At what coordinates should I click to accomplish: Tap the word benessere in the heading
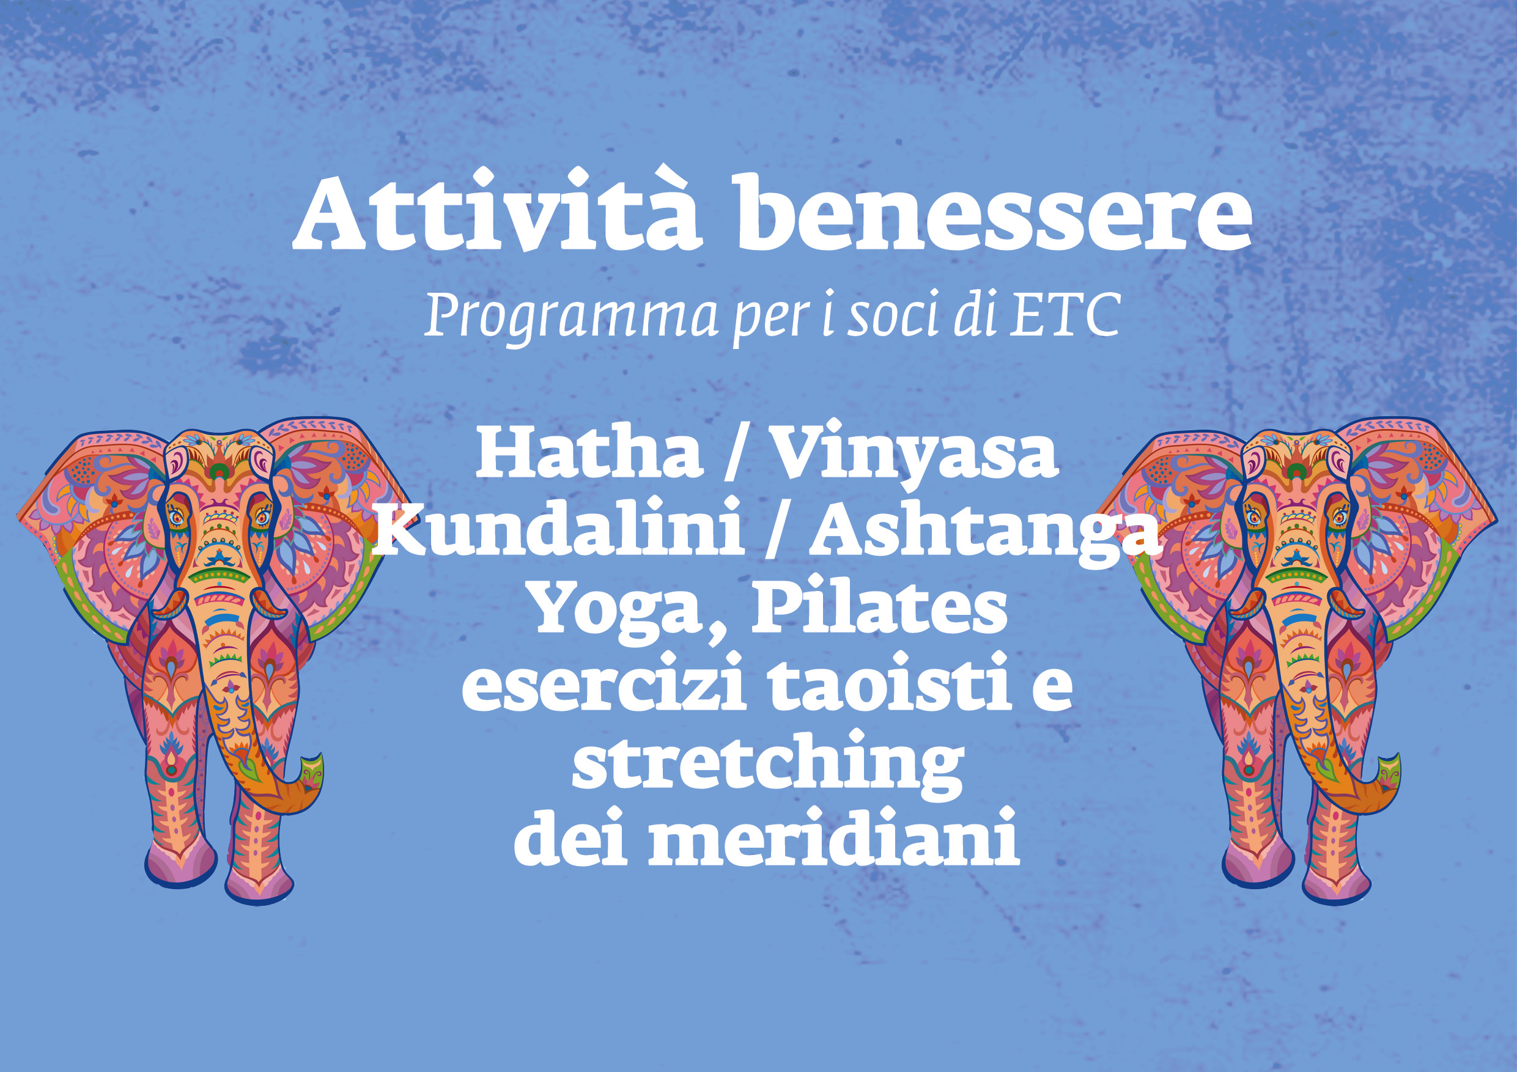pos(994,212)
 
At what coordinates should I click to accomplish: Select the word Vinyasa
pos(916,457)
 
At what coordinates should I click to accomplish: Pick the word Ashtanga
pos(985,537)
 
